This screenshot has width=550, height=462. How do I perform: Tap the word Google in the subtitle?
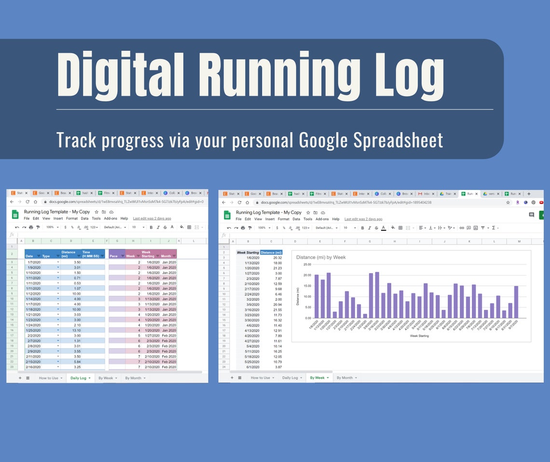pyautogui.click(x=322, y=140)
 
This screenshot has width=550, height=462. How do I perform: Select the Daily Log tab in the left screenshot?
pyautogui.click(x=78, y=378)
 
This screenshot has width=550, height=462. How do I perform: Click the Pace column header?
pyautogui.click(x=114, y=256)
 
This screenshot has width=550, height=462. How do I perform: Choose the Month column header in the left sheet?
pyautogui.click(x=166, y=256)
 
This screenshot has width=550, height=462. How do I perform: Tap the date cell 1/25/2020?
pyautogui.click(x=33, y=330)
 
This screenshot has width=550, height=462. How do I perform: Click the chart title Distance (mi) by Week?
pyautogui.click(x=321, y=258)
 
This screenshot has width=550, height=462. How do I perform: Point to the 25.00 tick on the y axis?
pyautogui.click(x=307, y=264)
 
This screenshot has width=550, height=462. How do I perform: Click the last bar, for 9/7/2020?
pyautogui.click(x=516, y=302)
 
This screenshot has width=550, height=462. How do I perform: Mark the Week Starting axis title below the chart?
pyautogui.click(x=419, y=335)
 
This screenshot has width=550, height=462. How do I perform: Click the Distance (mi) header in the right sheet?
pyautogui.click(x=271, y=252)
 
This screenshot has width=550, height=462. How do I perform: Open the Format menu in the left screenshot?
pyautogui.click(x=71, y=218)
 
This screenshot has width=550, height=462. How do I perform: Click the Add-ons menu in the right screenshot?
pyautogui.click(x=322, y=219)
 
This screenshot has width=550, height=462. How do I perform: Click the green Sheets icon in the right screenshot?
pyautogui.click(x=227, y=215)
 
